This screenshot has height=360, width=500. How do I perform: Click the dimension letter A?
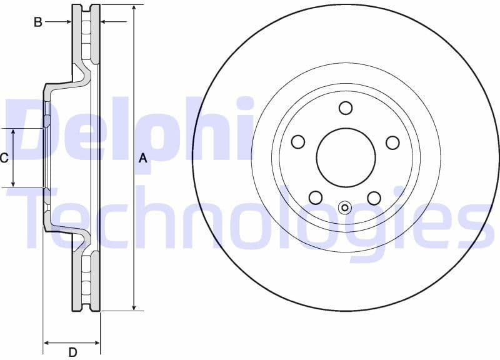pos(142,159)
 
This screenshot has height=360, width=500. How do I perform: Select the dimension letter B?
pos(38,22)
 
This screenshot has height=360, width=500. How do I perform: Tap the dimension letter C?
pos(4,158)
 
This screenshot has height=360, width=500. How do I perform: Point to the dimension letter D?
pos(72,352)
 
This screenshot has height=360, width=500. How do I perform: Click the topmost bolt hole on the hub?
pos(346,108)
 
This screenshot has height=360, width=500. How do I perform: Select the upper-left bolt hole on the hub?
pos(298,142)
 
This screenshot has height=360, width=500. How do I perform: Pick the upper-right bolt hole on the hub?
pos(392,142)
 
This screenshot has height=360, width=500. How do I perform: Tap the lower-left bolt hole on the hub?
pos(316,198)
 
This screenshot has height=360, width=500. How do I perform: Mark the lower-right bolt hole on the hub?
pos(374,198)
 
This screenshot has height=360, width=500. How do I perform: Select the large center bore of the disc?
pos(346,157)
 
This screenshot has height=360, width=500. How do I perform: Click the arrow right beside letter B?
pos(67,22)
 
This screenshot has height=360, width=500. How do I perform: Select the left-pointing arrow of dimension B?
pos(104,22)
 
